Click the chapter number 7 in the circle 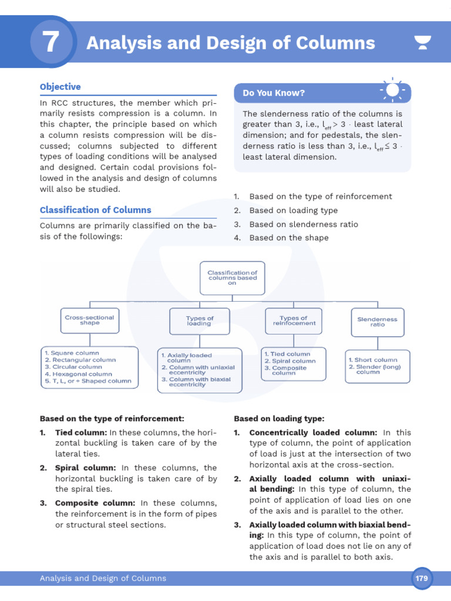[51, 43]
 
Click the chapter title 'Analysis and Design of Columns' [230, 43]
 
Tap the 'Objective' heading [60, 87]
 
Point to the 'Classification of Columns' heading [95, 210]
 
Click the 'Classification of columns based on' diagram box [232, 277]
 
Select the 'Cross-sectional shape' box [89, 320]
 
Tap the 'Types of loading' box [199, 320]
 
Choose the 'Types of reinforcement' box [294, 320]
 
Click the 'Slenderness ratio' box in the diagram [377, 322]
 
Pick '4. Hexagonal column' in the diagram [78, 374]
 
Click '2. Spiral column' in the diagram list [290, 361]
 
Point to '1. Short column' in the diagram [372, 360]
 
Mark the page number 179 [422, 578]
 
